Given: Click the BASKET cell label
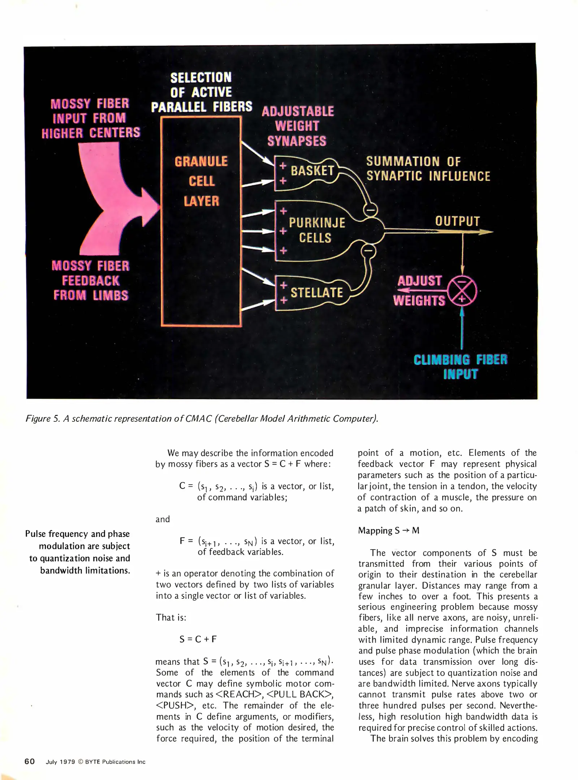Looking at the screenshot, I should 312,170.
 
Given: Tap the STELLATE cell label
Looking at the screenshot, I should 316,292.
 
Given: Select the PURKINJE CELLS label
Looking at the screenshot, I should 316,230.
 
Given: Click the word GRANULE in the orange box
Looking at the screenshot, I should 201,161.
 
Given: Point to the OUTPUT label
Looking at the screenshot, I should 457,221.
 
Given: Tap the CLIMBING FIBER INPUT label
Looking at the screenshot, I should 461,367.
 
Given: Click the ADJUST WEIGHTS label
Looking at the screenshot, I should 419,291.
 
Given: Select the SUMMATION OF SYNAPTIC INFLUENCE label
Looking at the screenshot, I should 428,169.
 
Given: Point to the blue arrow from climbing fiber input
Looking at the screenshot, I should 462,329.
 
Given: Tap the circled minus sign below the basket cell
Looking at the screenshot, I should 371,209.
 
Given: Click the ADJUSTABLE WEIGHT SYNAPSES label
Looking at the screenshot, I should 298,126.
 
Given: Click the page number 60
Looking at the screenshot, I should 30,762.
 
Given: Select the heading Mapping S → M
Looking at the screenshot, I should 389,530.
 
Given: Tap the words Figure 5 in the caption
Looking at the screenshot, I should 38,419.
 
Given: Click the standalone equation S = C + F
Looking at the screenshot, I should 198,639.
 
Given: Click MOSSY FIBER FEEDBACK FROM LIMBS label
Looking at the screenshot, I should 90,281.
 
